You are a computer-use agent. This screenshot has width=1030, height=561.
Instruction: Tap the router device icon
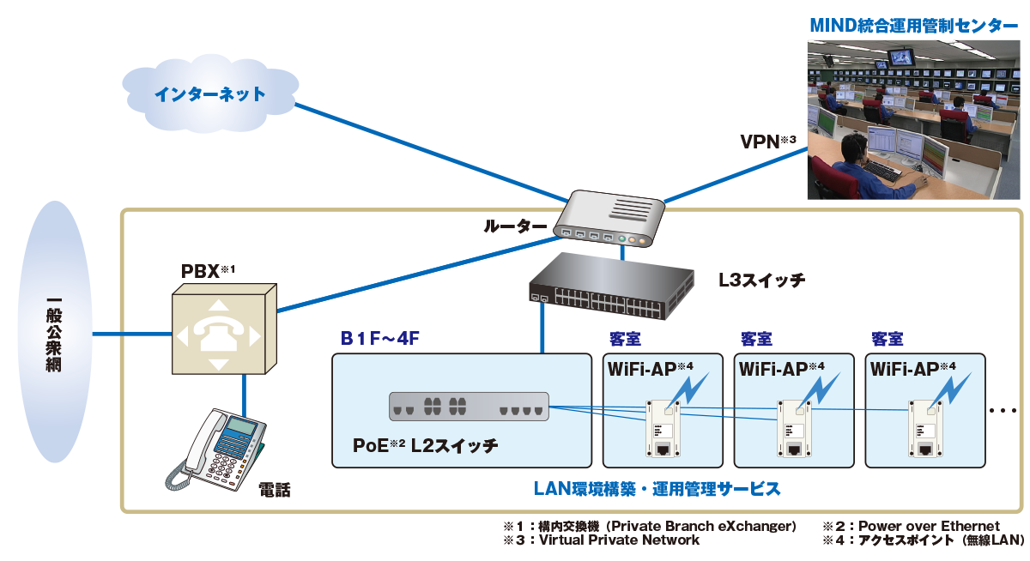tap(609, 219)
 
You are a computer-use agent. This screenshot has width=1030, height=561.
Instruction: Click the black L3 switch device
tap(610, 283)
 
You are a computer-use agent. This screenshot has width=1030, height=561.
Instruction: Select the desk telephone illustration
tap(218, 448)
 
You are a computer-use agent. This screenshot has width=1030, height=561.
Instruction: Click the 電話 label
tap(275, 491)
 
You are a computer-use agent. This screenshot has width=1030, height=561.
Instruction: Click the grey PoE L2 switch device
tap(469, 406)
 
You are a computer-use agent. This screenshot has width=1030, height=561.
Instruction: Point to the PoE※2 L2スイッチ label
tap(426, 446)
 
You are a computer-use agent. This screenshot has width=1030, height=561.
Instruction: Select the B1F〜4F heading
tap(379, 339)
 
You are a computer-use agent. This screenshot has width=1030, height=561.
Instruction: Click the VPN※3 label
tap(768, 140)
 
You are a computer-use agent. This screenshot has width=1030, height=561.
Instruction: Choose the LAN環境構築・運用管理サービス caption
tap(657, 489)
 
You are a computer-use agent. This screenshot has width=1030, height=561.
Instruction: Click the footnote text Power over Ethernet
tap(929, 526)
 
